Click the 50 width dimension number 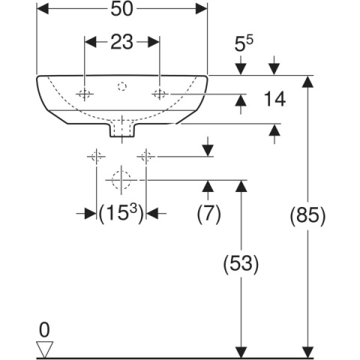(122, 10)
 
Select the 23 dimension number (121, 42)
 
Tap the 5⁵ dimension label (244, 43)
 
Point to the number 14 (274, 99)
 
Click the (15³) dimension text (121, 214)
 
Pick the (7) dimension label (208, 214)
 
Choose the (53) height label (241, 264)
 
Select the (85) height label (307, 215)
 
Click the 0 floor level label (44, 330)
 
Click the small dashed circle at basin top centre (122, 86)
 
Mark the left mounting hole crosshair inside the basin (85, 94)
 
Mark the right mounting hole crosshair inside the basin (160, 94)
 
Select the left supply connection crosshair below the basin (96, 157)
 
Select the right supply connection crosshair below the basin (146, 157)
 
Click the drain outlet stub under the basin (122, 130)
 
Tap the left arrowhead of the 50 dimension (43, 9)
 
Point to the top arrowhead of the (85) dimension (307, 82)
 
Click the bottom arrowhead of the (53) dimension (241, 352)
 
